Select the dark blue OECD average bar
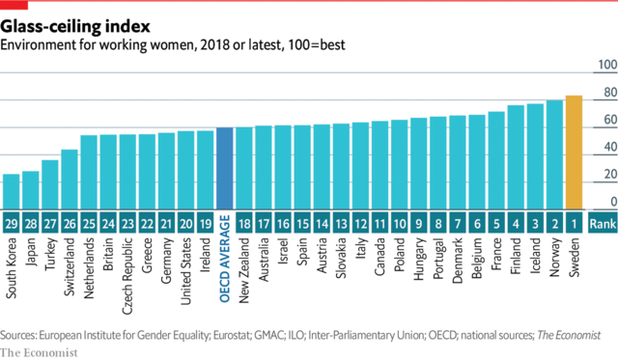coord(224,168)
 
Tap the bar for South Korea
coord(12,191)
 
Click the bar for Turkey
coord(50,184)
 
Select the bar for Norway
coord(554,154)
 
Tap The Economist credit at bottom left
coord(40,351)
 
